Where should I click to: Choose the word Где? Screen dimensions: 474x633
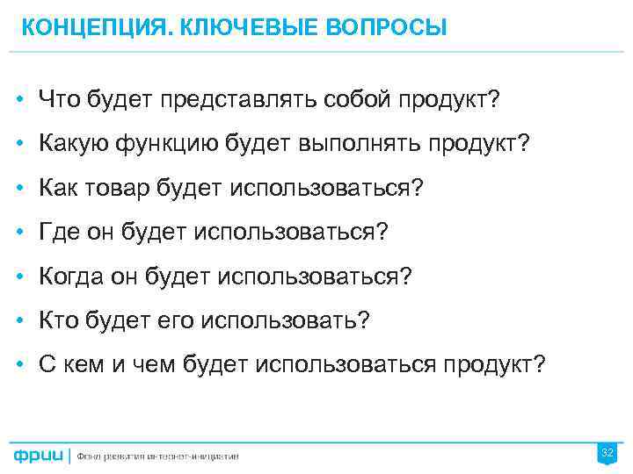pos(58,232)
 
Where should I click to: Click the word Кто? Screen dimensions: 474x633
pos(57,320)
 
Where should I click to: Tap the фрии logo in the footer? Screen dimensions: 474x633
pos(39,456)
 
